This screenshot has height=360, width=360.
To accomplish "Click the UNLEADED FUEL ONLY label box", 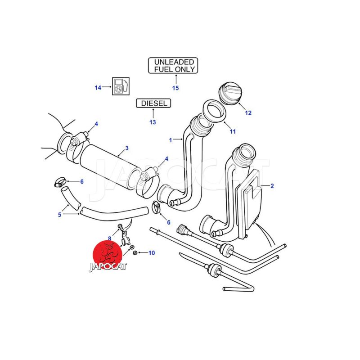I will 173,65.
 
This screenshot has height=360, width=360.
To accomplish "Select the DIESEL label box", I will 154,103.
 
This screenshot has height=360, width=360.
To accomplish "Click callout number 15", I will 175,88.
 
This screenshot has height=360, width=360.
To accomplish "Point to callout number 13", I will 153,122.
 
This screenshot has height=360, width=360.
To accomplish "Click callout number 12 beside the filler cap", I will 248,113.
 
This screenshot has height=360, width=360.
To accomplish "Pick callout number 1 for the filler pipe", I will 171,140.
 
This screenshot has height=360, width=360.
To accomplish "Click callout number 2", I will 272,185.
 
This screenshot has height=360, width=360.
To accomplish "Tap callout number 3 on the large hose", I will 127,148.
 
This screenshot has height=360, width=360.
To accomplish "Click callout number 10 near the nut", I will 152,253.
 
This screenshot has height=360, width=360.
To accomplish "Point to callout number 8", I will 109,238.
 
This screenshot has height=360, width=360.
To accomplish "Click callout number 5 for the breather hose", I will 59,215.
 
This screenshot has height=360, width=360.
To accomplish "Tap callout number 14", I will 98,88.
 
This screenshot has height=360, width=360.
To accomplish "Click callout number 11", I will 233,131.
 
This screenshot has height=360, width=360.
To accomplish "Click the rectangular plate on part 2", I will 252,198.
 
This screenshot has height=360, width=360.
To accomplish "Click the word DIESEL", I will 154,103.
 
